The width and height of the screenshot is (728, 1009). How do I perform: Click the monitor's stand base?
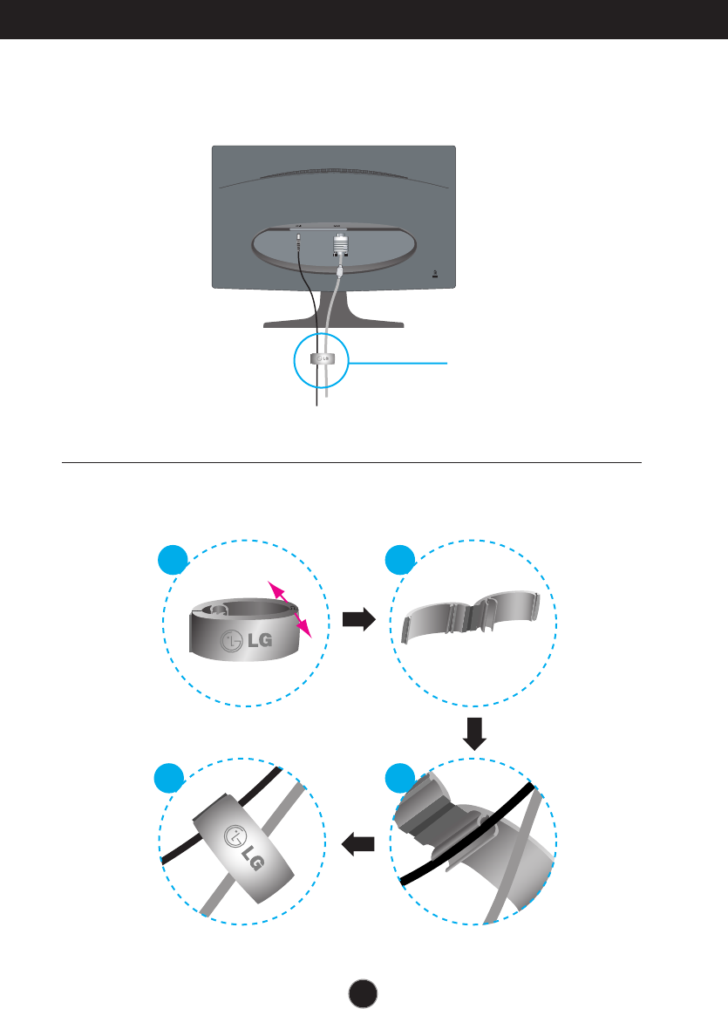(334, 323)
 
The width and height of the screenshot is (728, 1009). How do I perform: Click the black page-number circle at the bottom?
(364, 989)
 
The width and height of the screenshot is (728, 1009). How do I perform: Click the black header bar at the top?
(364, 19)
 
